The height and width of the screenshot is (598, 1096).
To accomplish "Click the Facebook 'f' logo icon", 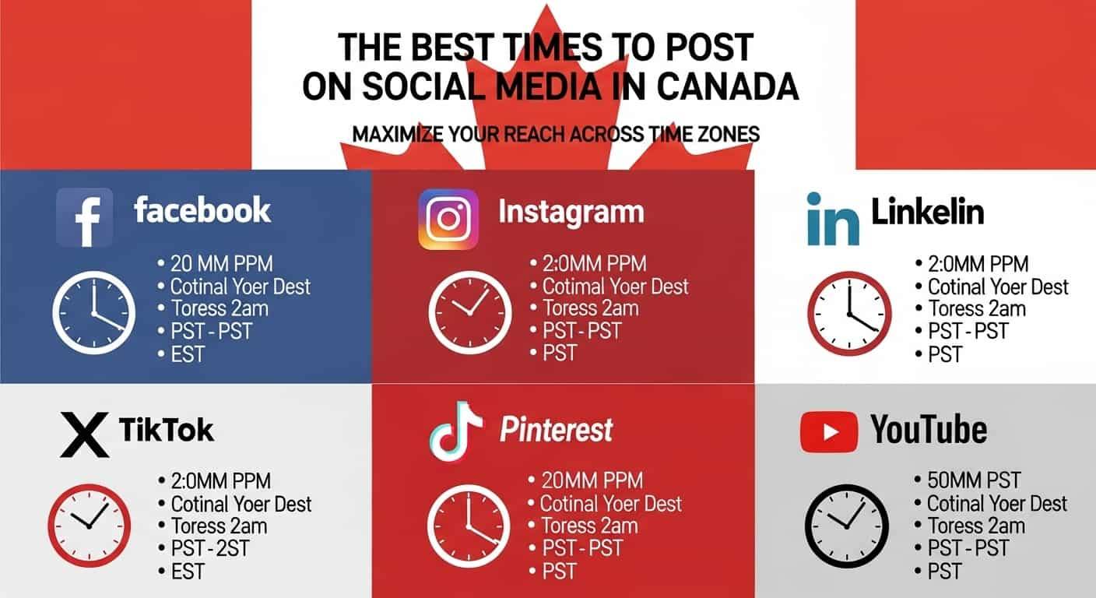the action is coord(85,218).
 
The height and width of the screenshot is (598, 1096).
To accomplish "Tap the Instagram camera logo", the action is coord(448,220).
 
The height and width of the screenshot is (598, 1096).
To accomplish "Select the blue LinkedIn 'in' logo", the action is coord(833,219).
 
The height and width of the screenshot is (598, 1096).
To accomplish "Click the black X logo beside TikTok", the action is coord(85,434).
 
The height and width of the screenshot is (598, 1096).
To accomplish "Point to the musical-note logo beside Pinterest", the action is coord(455,431).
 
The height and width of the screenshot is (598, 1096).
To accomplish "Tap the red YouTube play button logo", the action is coord(829,432).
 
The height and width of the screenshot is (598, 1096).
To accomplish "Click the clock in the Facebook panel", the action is coord(94,313).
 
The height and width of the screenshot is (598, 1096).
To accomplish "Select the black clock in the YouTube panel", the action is coord(846,526).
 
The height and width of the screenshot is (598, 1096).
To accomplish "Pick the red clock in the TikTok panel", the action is coord(89,526).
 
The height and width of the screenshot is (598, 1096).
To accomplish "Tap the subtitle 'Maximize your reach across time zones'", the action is coord(556,134).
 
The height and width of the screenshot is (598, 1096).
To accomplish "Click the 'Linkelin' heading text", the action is coord(928,212).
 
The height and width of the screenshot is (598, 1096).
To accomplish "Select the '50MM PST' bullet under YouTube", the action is coord(974,480).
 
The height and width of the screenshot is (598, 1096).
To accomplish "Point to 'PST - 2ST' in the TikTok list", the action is coord(210,549).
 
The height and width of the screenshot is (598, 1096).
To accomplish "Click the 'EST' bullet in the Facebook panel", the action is coord(188,354).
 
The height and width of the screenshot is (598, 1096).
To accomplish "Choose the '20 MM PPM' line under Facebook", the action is coord(222,264).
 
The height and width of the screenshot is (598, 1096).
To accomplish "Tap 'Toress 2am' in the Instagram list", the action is coord(591,308).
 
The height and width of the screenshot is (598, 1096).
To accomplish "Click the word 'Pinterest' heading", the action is coord(557,430).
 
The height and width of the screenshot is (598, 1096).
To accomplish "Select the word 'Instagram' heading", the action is coord(571,213).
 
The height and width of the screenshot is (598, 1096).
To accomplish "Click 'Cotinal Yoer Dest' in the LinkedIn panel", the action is coord(998,287).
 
